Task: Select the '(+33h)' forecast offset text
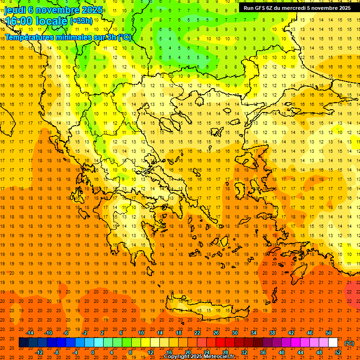81,21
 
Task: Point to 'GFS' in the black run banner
259,8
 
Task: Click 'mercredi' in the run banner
294,8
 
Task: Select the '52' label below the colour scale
338,352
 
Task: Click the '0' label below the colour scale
93,352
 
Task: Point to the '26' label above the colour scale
216,333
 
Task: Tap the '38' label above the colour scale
272,333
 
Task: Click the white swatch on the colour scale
333,343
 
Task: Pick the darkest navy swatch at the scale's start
23,343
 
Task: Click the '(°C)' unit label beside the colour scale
349,343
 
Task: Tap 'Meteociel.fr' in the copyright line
218,357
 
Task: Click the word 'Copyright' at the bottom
178,357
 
